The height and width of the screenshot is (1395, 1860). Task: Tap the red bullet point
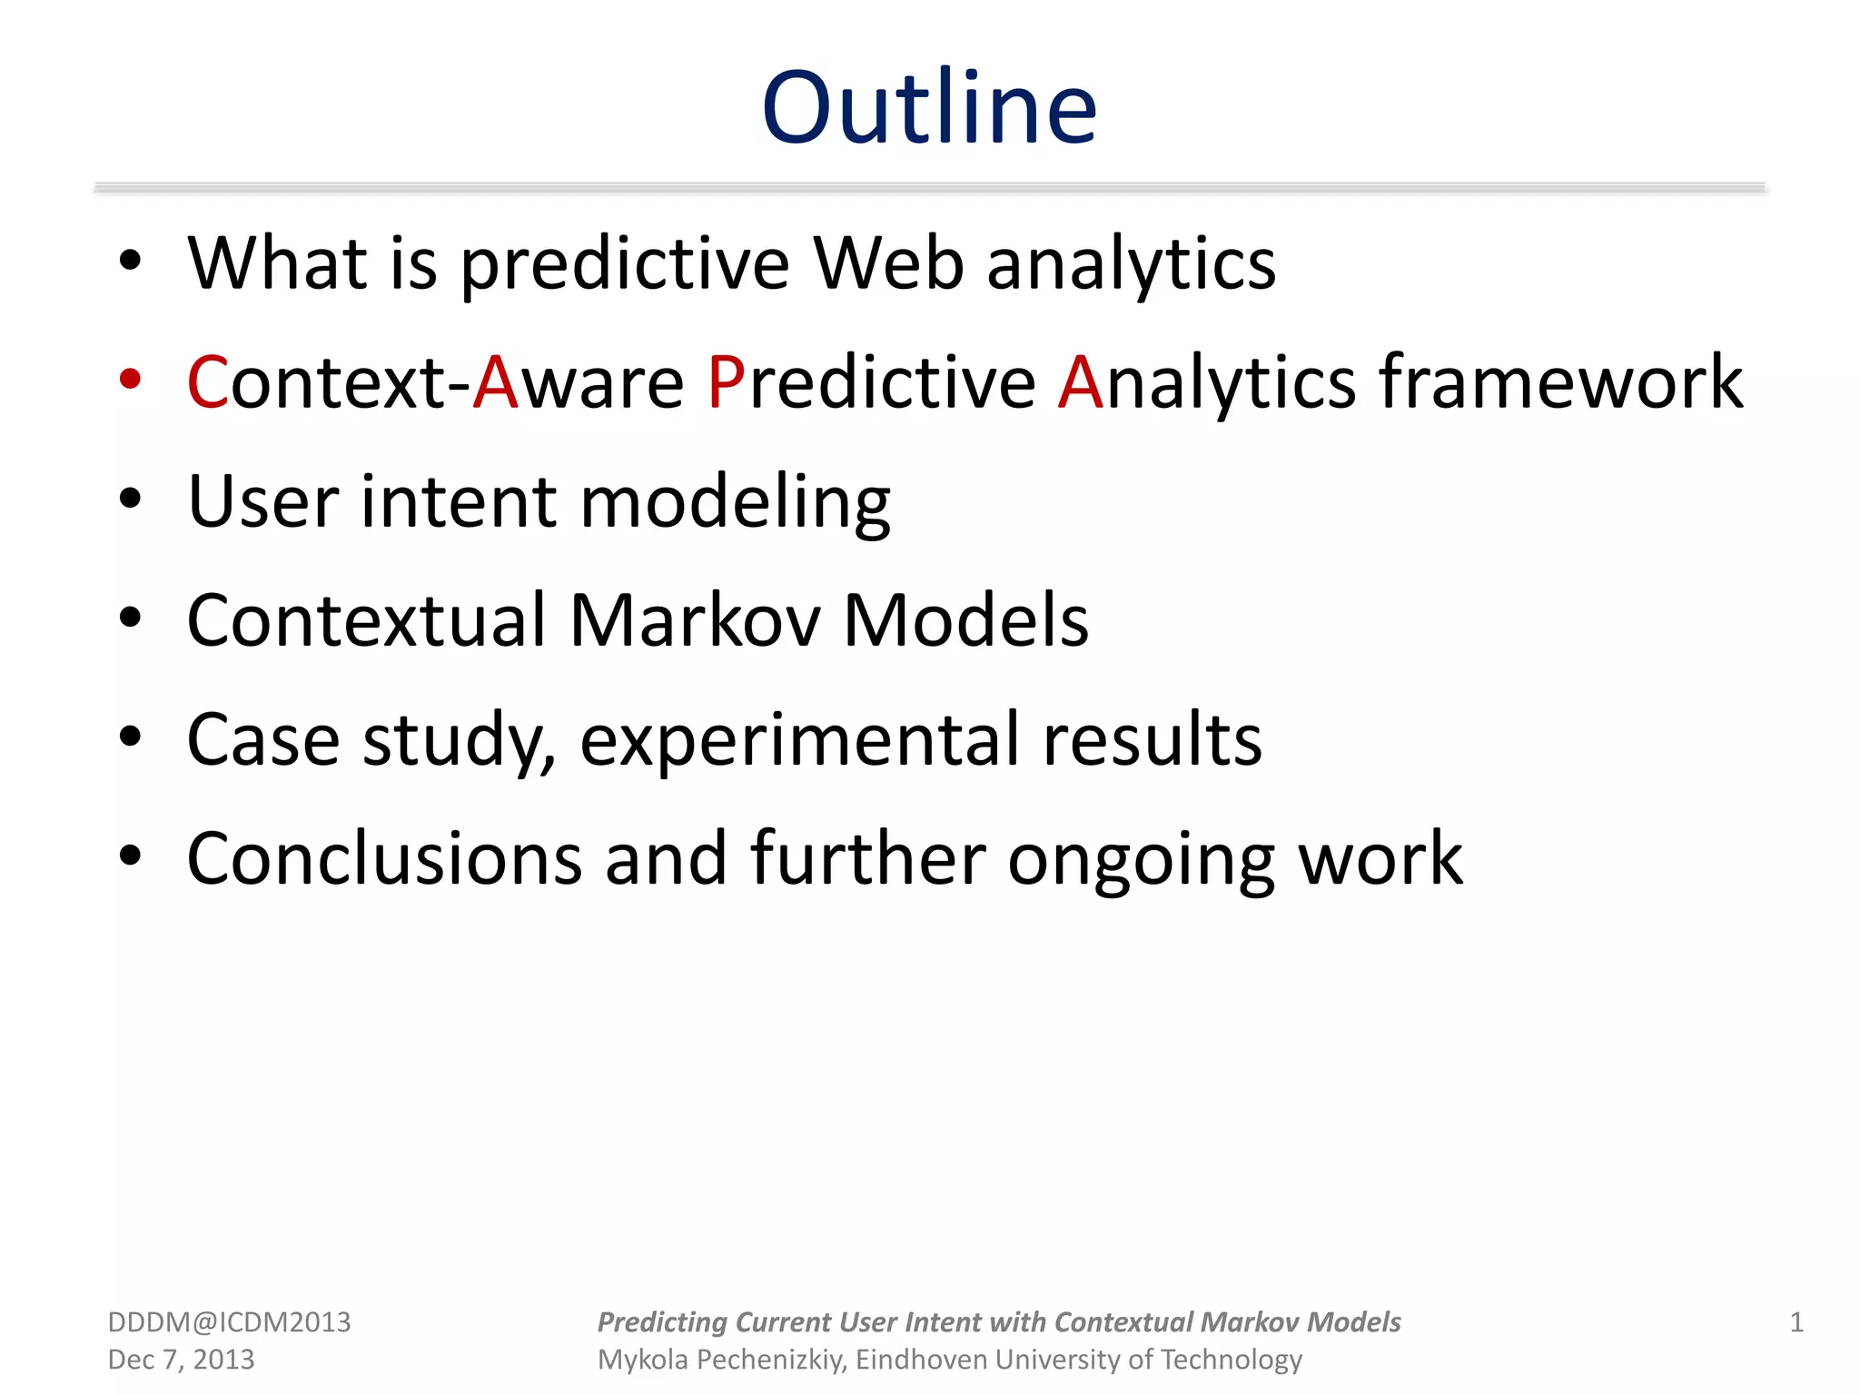[130, 380]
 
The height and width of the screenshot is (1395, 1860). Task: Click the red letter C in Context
[208, 382]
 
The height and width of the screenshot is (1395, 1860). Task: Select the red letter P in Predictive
[726, 382]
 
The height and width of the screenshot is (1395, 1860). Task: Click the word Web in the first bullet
[887, 263]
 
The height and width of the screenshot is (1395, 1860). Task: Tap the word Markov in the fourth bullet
[695, 620]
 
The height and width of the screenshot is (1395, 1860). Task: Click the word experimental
[799, 740]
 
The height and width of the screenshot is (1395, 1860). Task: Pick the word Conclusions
[384, 858]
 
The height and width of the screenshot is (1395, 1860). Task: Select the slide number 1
[1796, 1322]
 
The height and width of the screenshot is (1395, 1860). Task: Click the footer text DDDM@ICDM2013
[229, 1322]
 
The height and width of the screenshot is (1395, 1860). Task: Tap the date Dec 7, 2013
[181, 1360]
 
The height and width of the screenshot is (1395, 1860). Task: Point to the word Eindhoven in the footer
[921, 1360]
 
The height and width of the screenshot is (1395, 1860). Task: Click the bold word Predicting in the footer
[662, 1322]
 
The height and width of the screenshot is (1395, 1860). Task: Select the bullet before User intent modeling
[130, 499]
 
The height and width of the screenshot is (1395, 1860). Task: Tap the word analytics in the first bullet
[1131, 263]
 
